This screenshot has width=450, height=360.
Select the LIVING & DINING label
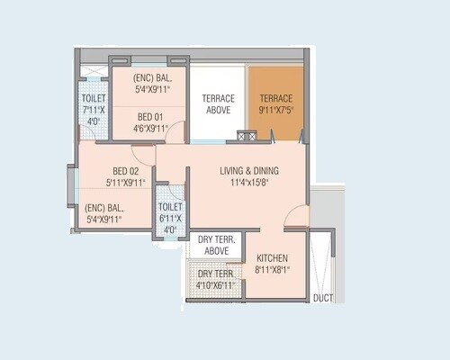tap(249, 171)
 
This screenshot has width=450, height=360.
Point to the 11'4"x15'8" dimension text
tap(249, 184)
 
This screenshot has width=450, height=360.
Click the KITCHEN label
tap(273, 256)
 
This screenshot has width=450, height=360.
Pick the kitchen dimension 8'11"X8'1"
tap(273, 268)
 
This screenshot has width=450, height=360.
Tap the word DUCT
tap(322, 298)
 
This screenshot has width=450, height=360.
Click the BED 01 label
tap(150, 116)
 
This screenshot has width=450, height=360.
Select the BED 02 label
tap(124, 171)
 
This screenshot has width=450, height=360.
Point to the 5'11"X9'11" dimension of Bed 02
tap(124, 183)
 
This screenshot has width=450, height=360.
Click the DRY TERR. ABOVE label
tap(213, 246)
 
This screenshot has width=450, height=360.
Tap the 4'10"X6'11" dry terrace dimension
tap(216, 285)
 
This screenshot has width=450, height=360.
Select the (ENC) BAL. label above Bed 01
tap(148, 77)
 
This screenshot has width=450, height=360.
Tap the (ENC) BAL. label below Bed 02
tap(98, 206)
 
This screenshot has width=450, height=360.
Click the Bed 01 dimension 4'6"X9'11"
tap(150, 128)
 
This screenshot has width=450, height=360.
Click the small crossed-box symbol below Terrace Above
tap(246, 136)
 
